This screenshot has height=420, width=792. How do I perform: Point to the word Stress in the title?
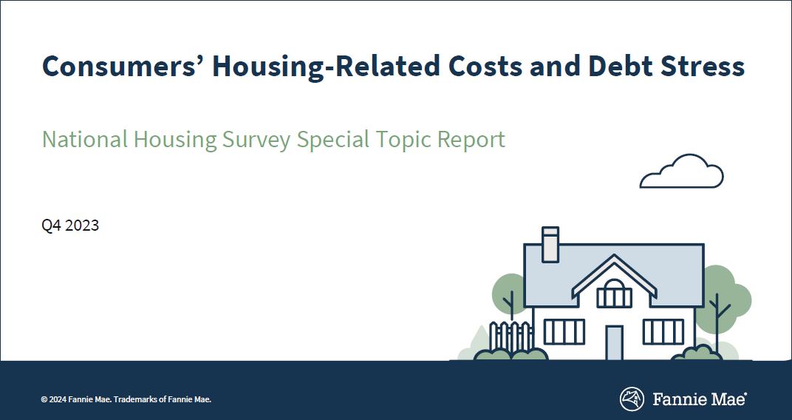point(704,67)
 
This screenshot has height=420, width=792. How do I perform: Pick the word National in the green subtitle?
point(84,139)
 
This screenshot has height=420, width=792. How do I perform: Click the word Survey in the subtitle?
point(256,139)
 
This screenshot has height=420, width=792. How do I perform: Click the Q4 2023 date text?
point(70,226)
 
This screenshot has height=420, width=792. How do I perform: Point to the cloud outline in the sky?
point(681,172)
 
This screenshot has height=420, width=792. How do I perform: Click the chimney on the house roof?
point(550,245)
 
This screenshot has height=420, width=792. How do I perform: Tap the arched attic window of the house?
point(614,294)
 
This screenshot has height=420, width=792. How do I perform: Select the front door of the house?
point(614,342)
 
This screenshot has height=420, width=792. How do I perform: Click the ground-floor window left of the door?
point(564,332)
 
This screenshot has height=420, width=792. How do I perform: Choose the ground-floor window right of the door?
point(663,332)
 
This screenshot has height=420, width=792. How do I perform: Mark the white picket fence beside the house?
point(511,336)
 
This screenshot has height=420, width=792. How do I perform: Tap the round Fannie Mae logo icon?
point(631,399)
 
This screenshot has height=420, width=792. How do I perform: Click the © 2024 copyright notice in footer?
point(126,399)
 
